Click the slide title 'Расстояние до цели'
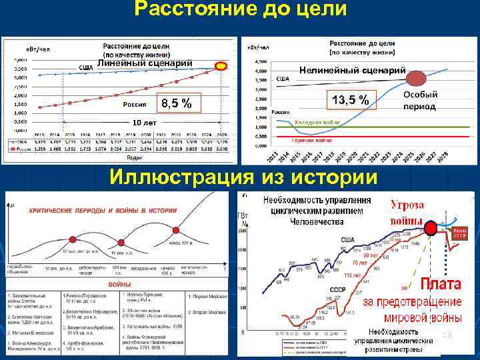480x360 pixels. (x=240, y=10)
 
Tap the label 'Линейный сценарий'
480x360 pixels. (x=145, y=63)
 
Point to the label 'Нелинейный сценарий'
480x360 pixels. (x=353, y=70)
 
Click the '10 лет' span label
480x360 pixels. (x=144, y=124)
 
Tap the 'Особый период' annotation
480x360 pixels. (x=419, y=101)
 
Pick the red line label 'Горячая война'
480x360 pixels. (x=311, y=140)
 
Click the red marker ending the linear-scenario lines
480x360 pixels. (x=221, y=67)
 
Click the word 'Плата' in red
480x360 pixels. (x=440, y=283)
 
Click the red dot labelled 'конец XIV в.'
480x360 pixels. (x=176, y=230)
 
